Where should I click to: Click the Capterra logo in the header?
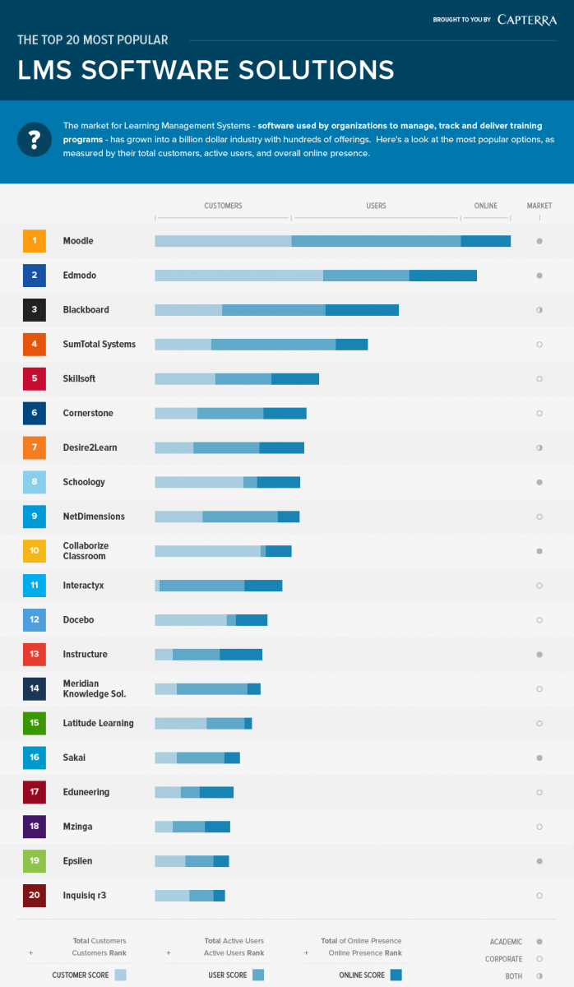[x=527, y=20]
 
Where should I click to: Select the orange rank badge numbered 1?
[x=34, y=241]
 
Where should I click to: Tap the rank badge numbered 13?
[x=34, y=654]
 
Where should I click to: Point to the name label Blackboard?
[x=86, y=310]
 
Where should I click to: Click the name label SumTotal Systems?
[x=99, y=344]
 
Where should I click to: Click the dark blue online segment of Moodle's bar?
[x=485, y=241]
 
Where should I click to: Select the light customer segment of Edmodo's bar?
[x=238, y=276]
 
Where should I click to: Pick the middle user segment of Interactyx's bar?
[x=201, y=586]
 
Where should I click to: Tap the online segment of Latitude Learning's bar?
[x=248, y=723]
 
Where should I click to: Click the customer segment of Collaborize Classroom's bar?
[x=207, y=551]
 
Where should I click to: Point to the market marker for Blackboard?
[x=539, y=310]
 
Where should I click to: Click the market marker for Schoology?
[x=539, y=482]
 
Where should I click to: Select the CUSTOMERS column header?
[x=223, y=206]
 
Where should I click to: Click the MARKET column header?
[x=539, y=206]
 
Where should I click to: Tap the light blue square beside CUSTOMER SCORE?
[x=120, y=975]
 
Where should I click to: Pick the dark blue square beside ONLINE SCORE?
[x=396, y=975]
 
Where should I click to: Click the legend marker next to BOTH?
[x=539, y=975]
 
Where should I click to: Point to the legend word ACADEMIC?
[x=506, y=942]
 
